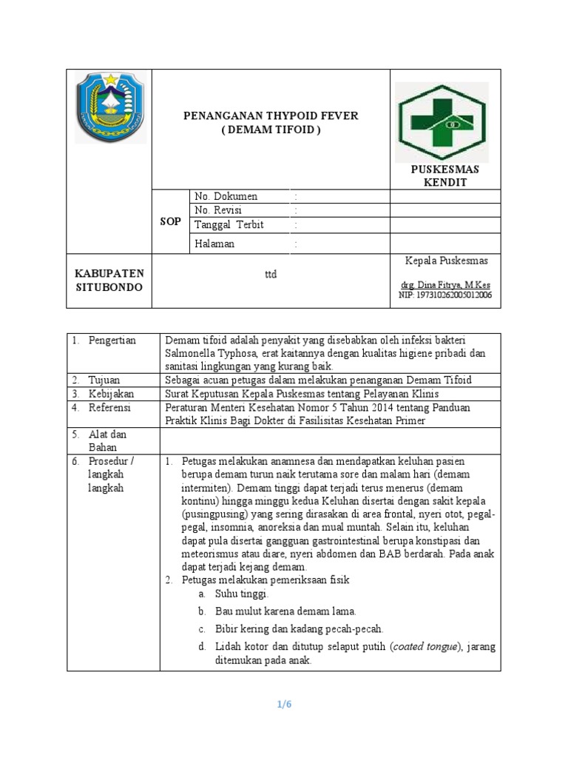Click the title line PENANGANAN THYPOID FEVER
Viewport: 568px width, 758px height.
[271, 116]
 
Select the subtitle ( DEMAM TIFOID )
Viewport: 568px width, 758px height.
[271, 130]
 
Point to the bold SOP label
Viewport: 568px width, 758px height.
[170, 221]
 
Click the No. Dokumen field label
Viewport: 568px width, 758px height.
[226, 197]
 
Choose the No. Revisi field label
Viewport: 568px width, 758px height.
[220, 210]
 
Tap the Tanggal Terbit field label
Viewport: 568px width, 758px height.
[229, 225]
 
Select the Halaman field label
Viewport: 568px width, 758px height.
[214, 244]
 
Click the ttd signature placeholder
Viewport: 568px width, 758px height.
[271, 274]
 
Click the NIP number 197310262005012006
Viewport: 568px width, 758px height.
[444, 295]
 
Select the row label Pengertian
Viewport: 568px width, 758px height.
[112, 340]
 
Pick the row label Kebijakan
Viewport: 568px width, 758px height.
[110, 394]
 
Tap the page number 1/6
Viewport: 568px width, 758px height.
[284, 704]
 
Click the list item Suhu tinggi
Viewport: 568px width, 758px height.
[242, 594]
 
